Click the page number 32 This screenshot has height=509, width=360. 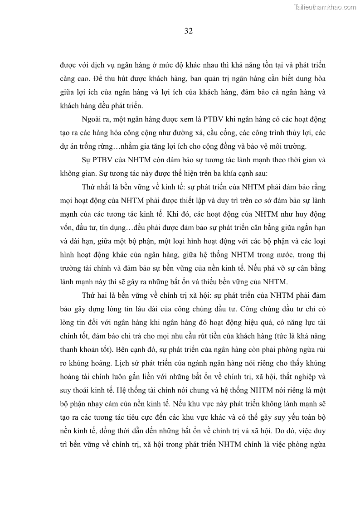189,31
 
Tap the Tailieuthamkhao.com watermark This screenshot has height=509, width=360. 325,7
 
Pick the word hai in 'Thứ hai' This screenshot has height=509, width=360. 100,296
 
